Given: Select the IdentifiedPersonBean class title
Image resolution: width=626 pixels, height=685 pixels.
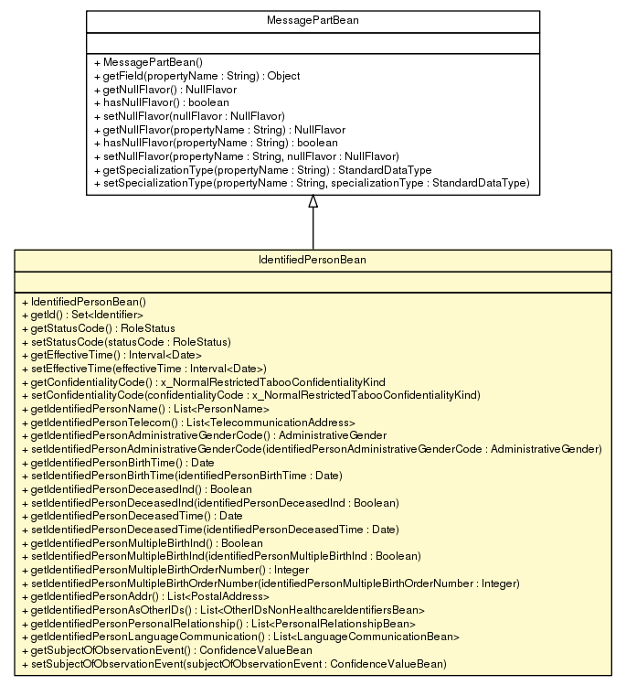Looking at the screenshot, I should [313, 261].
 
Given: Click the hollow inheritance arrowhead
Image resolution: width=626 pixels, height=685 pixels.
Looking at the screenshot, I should [313, 202].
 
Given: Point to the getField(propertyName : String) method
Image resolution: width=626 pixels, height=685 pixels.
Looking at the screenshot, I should [184, 76].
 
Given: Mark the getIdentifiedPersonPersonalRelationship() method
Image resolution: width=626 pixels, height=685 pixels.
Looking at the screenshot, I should [218, 623].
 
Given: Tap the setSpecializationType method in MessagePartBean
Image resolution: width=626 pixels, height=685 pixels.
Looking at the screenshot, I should [311, 184].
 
